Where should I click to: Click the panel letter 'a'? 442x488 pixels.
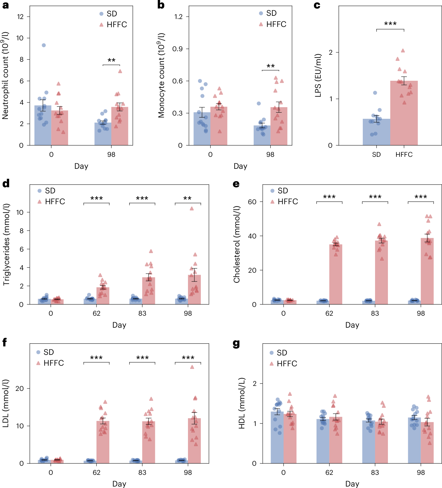(5, 5)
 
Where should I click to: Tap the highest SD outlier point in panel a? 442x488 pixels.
(44, 45)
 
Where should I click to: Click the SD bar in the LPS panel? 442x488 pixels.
(376, 132)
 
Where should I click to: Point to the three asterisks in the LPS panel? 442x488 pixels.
(390, 24)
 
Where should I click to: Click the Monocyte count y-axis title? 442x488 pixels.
(162, 75)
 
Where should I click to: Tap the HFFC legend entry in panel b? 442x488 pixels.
(273, 24)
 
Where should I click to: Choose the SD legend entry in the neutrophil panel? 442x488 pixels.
(108, 14)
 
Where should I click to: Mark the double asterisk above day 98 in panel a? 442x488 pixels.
(111, 60)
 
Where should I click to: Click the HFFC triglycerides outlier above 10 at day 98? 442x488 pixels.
(192, 209)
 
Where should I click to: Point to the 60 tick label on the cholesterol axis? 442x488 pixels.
(252, 202)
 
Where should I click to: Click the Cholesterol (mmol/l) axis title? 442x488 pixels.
(236, 244)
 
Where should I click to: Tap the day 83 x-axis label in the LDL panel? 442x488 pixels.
(142, 472)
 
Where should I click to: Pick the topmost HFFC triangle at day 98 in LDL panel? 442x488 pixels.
(192, 367)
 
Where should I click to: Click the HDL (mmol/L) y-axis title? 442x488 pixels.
(241, 404)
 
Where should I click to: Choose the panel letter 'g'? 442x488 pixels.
(236, 343)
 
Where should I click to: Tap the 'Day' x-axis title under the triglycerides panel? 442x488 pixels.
(119, 325)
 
